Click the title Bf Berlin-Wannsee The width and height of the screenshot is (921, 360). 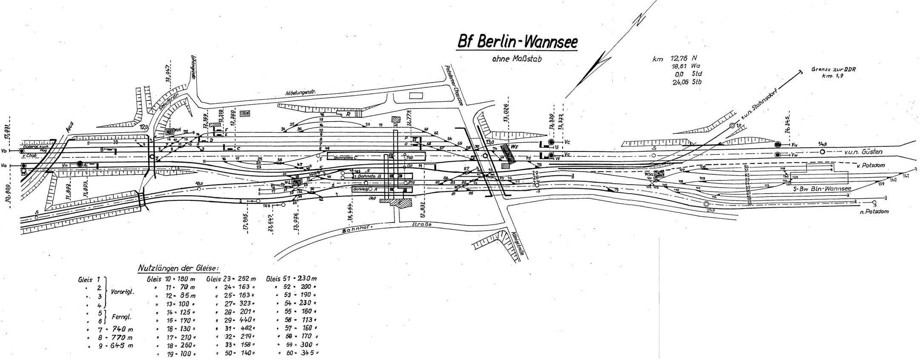[x=517, y=43]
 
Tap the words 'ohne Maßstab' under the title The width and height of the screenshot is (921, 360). [x=516, y=60]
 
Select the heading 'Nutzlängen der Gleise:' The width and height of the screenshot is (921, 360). [x=178, y=268]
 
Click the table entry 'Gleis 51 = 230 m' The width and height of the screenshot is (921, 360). [x=292, y=279]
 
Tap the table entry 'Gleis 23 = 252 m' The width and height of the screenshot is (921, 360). [x=231, y=279]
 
